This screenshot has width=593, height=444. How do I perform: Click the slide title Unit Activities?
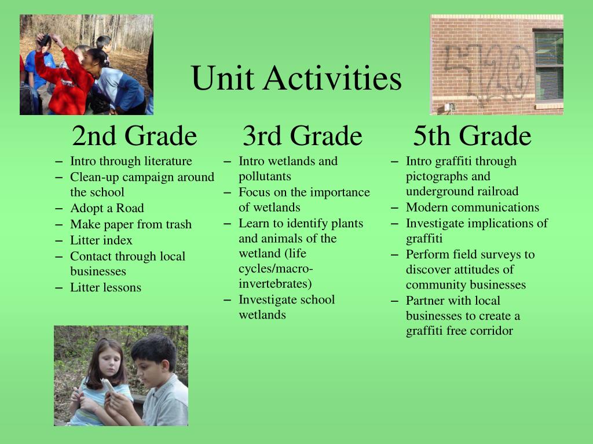[296, 78]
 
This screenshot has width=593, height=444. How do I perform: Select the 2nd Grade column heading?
[134, 135]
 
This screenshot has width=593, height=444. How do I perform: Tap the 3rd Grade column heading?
[302, 135]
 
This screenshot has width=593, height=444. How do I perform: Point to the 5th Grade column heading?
[472, 135]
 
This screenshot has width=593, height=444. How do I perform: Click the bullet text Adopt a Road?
[107, 208]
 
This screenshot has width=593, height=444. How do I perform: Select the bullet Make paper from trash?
[131, 224]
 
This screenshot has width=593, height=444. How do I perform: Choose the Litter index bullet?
[101, 240]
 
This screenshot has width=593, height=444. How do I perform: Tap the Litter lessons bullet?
[105, 287]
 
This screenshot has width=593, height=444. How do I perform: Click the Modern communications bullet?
[473, 208]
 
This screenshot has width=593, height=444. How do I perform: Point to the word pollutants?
[265, 177]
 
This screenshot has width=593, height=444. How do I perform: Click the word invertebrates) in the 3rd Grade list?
[275, 283]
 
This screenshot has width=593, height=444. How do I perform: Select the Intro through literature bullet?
[131, 161]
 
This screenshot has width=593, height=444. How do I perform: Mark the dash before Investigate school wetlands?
[227, 301]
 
